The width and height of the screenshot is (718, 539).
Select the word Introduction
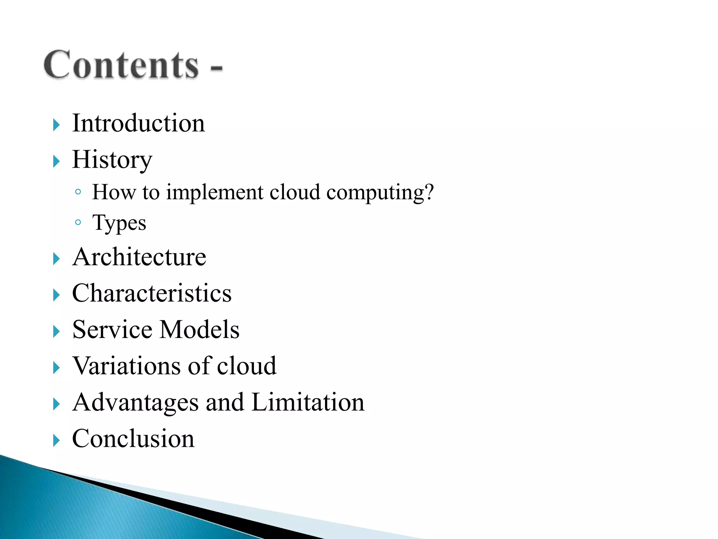click(x=138, y=123)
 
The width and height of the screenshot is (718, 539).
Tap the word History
click(x=112, y=160)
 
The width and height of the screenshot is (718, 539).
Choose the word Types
click(x=119, y=223)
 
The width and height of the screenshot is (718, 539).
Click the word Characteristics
click(x=152, y=293)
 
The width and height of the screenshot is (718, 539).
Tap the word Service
click(x=112, y=330)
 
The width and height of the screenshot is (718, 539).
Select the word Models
click(x=200, y=330)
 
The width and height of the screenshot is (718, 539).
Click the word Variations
click(x=127, y=366)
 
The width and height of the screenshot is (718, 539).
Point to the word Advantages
click(x=135, y=402)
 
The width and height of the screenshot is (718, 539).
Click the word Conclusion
click(x=133, y=439)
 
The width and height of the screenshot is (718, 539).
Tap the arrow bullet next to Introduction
click(x=56, y=125)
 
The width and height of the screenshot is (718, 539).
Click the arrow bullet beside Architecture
click(x=56, y=259)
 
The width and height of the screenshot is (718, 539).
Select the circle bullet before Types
click(x=78, y=222)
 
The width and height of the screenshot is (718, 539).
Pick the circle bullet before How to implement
click(x=78, y=192)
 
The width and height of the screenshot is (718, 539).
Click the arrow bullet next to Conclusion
click(x=56, y=440)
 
